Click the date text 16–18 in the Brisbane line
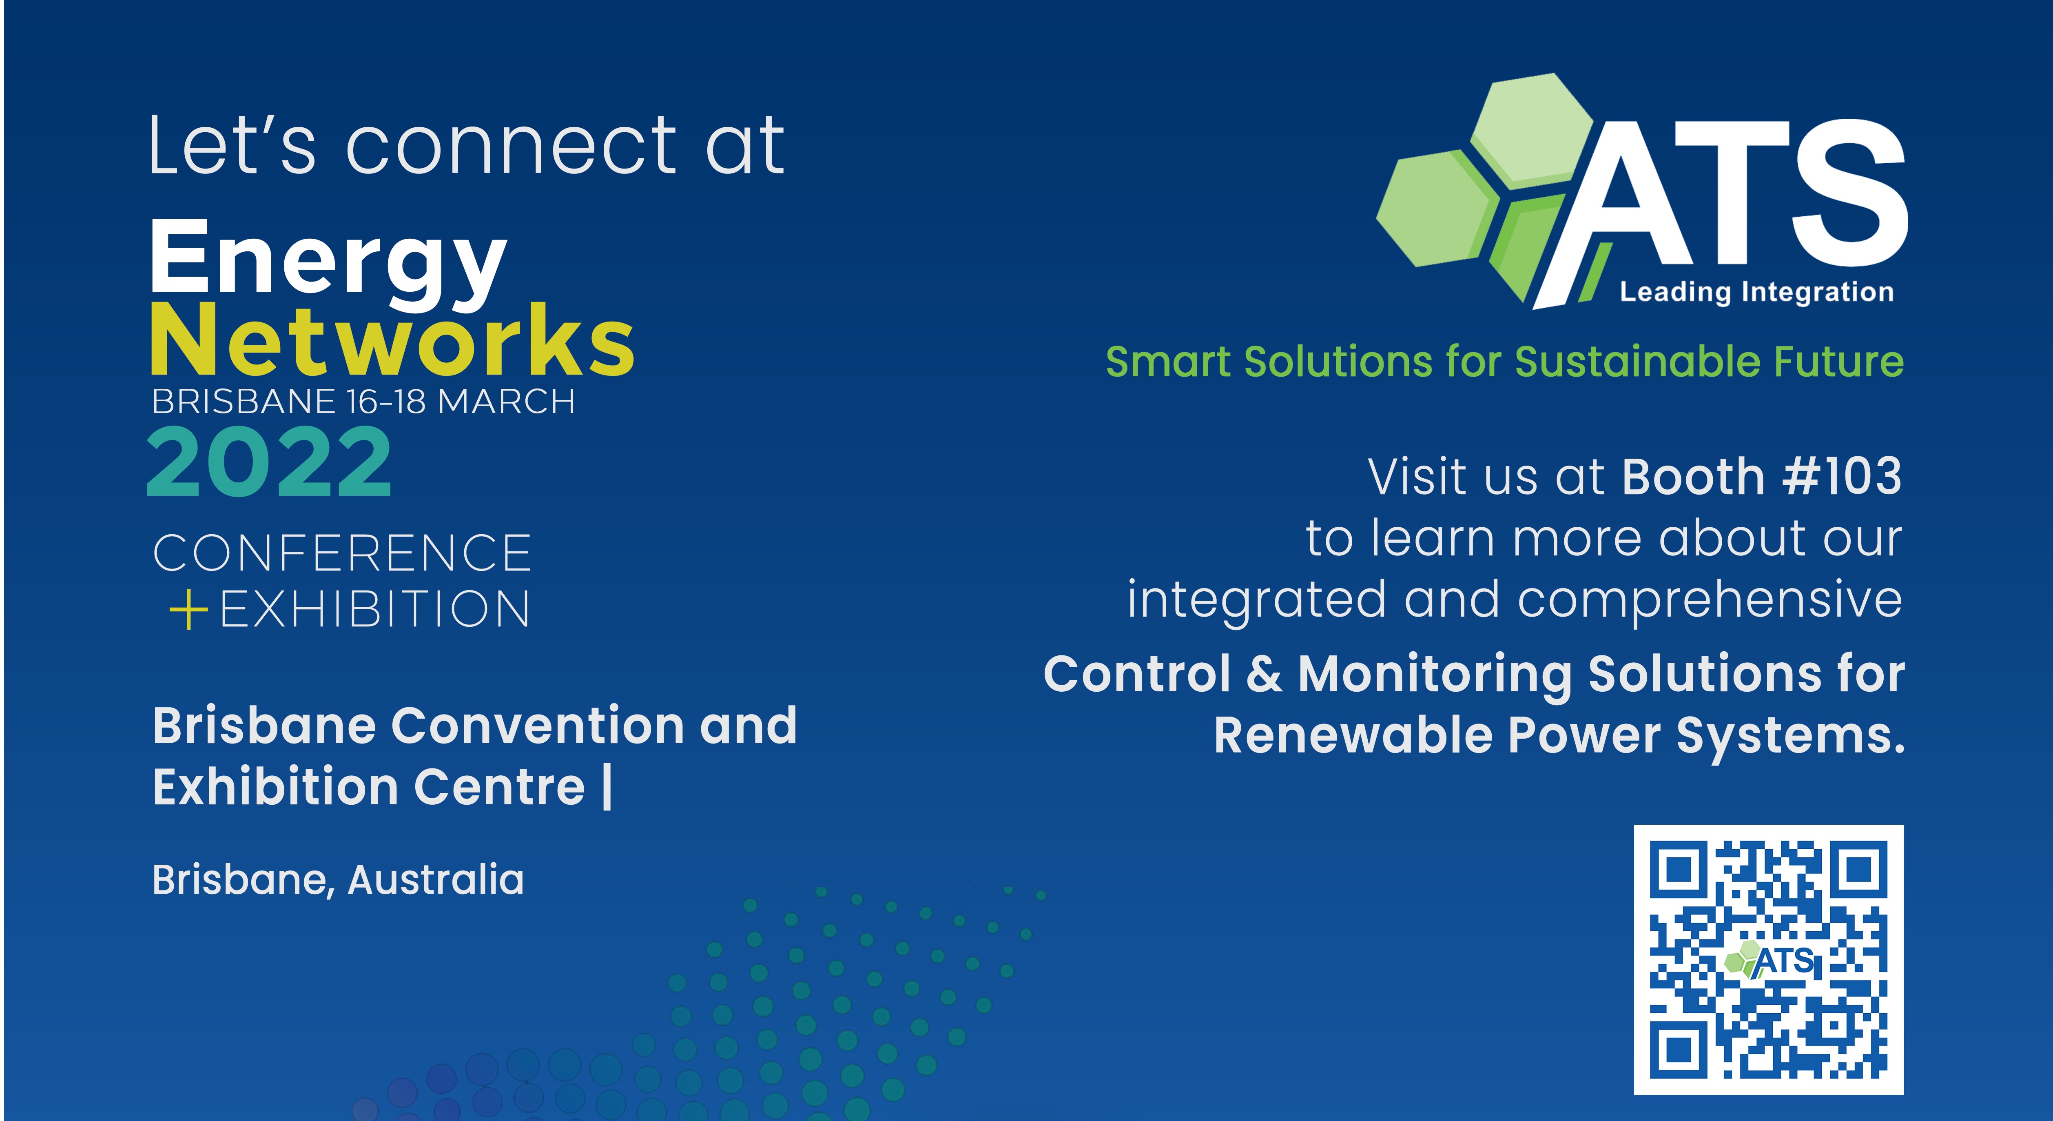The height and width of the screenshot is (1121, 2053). coord(386,401)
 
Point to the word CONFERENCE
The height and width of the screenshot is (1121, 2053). coord(342,553)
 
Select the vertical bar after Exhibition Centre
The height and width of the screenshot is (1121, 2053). coord(608,787)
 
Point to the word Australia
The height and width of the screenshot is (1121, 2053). coord(436,879)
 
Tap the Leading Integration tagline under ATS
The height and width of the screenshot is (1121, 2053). coord(1756,292)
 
